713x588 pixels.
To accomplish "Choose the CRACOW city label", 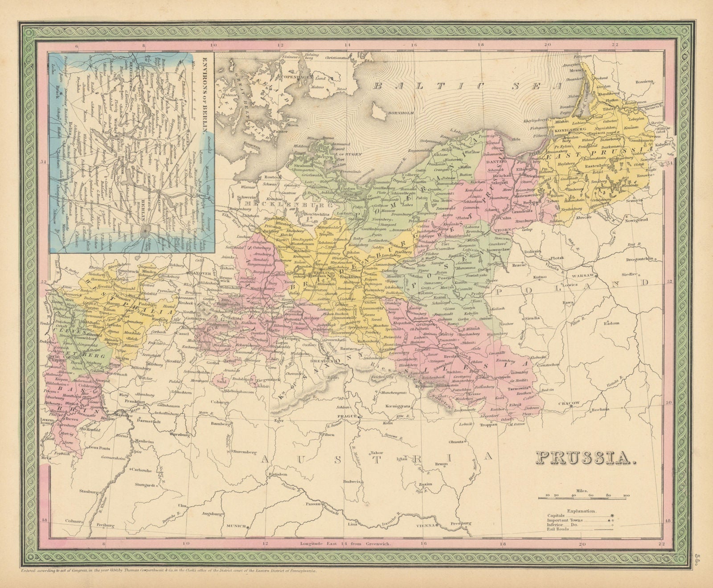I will pos(570,403).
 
